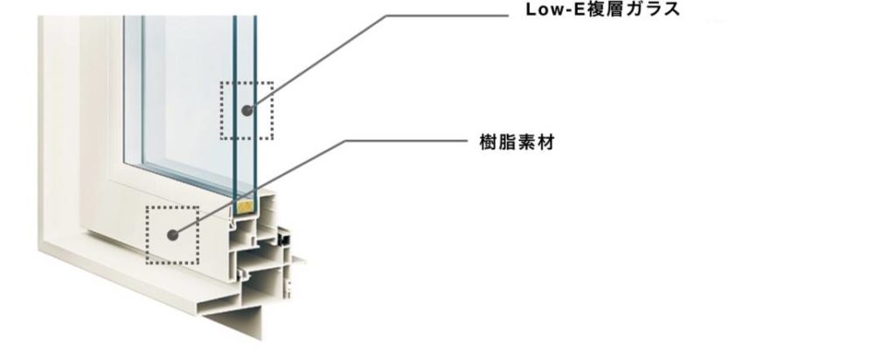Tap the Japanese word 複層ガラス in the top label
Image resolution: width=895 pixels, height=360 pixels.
pyautogui.click(x=635, y=10)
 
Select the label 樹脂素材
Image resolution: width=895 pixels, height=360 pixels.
pyautogui.click(x=517, y=142)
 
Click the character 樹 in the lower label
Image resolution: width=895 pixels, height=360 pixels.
pyautogui.click(x=488, y=142)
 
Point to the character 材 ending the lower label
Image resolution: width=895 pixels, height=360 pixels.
pyautogui.click(x=545, y=142)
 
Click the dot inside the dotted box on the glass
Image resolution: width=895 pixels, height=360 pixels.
pyautogui.click(x=247, y=110)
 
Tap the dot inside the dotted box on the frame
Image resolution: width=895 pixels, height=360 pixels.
pyautogui.click(x=173, y=234)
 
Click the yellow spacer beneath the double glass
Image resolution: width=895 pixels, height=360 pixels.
pyautogui.click(x=246, y=208)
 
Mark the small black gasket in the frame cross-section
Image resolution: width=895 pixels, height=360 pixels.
pyautogui.click(x=282, y=236)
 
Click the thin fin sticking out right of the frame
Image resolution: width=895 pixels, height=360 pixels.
pyautogui.click(x=298, y=259)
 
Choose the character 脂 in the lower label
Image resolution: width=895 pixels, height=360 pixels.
pyautogui.click(x=507, y=142)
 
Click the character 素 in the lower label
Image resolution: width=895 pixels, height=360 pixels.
pyautogui.click(x=526, y=142)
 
